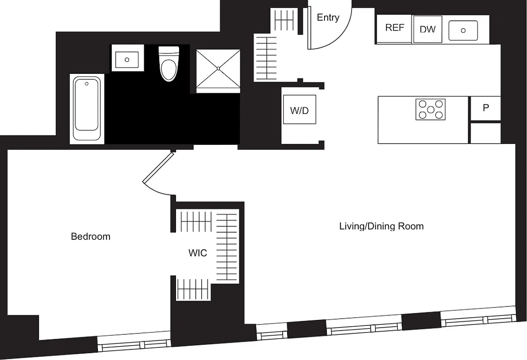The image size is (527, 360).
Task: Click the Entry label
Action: [x=328, y=18]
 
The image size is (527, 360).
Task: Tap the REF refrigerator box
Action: [x=395, y=28]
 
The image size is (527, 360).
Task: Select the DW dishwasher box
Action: [x=428, y=29]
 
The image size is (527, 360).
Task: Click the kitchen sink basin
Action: [x=463, y=31]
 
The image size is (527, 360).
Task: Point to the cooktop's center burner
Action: [x=431, y=109]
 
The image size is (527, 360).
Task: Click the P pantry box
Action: [x=486, y=108]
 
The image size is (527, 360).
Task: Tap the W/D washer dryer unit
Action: [x=299, y=110]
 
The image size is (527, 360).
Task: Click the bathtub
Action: [x=87, y=109]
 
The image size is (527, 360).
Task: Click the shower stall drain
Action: [x=218, y=68]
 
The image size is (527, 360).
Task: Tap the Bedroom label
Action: [x=90, y=236]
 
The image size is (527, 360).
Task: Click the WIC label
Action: [x=198, y=253]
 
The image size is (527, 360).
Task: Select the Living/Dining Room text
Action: [x=381, y=226]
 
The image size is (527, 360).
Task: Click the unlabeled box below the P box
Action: [x=486, y=133]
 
